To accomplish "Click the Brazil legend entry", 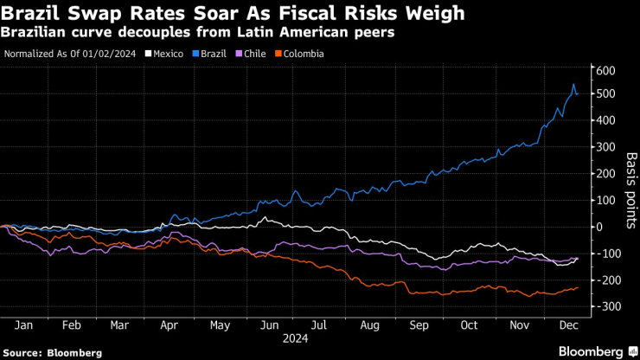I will [x=213, y=54].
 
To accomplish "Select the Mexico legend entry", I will [x=167, y=54].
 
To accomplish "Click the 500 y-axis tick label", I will [x=604, y=93].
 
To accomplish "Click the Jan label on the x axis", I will [x=24, y=325].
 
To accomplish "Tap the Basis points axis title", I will [x=630, y=187].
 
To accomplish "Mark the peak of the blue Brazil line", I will [x=573, y=84].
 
